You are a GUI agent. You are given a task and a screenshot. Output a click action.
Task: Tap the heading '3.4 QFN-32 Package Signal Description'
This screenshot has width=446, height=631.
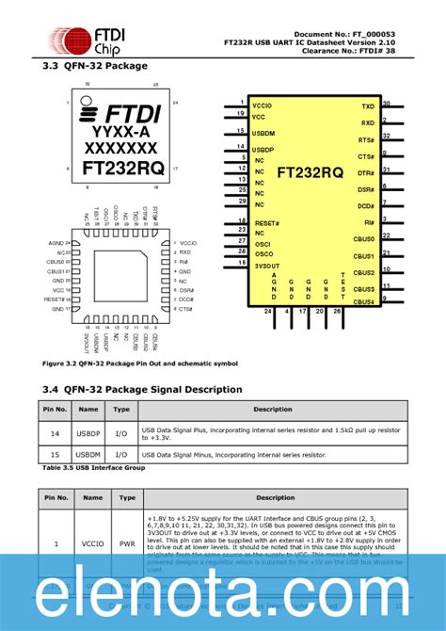click(142, 388)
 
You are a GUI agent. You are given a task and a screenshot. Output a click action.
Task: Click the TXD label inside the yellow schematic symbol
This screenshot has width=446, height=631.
click(367, 107)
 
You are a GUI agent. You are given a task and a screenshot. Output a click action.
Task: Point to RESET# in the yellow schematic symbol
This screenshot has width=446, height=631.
click(266, 223)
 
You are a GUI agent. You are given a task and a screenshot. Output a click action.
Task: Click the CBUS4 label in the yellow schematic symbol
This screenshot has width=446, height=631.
click(364, 301)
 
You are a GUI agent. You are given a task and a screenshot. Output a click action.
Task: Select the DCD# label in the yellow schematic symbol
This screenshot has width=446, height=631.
click(365, 205)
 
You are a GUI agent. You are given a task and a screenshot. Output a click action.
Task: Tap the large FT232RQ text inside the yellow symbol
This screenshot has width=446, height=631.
click(310, 172)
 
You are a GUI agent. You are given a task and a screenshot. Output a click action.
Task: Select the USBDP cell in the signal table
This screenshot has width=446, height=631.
click(88, 432)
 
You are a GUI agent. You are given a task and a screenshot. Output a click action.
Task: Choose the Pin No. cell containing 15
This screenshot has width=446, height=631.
click(55, 455)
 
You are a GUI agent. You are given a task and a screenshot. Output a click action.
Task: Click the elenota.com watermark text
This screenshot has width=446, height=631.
click(223, 591)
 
